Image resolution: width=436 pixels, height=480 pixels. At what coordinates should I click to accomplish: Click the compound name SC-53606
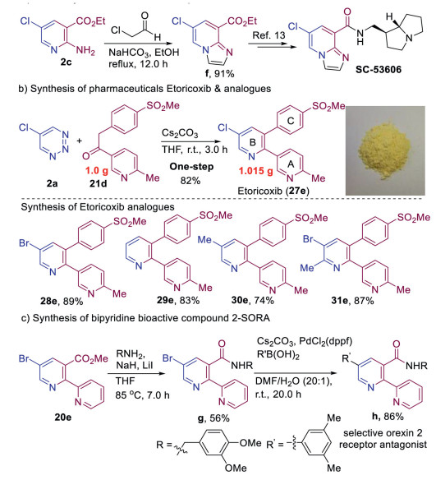point(379,70)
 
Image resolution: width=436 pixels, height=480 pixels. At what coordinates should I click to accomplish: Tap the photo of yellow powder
point(385,150)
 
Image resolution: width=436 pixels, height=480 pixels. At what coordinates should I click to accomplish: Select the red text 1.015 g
point(256,171)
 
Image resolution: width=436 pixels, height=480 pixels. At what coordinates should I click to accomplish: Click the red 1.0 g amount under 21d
point(97,170)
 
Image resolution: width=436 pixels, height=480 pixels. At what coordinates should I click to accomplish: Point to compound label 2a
point(52,183)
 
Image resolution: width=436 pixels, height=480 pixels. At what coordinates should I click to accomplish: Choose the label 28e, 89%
point(62,301)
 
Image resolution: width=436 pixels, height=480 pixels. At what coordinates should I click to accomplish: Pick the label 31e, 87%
point(352,301)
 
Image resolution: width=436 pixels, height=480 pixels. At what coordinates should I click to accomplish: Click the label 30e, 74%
point(253,301)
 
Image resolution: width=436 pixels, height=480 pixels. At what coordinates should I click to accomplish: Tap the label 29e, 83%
point(178,300)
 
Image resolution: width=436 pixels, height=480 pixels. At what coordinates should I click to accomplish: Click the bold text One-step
point(191,167)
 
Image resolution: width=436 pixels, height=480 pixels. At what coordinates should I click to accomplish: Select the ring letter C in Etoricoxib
point(291,120)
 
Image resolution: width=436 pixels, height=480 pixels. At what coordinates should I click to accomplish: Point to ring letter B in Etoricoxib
point(253,141)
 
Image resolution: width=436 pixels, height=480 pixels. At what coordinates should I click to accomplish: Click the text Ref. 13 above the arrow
point(268,35)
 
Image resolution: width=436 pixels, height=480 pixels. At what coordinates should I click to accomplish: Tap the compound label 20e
point(63,417)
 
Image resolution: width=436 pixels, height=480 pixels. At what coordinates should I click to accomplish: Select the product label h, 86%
point(388,417)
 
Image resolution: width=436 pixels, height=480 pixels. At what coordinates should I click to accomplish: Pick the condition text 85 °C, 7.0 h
point(142,395)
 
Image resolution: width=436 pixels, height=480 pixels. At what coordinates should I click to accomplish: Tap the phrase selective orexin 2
point(383,433)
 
